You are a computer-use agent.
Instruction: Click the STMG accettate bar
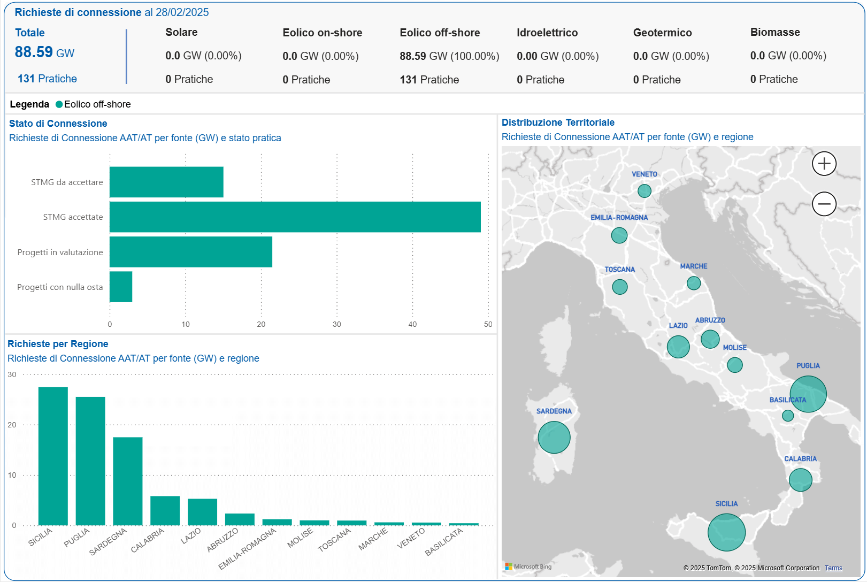tap(295, 217)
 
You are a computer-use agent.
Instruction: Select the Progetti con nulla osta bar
tap(121, 287)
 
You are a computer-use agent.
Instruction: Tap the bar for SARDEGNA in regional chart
tap(128, 481)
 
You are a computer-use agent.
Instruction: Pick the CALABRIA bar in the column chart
tap(165, 510)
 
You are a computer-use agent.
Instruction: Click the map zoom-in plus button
tap(824, 164)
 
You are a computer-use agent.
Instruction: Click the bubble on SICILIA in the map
tap(726, 532)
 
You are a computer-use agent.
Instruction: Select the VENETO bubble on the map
tap(644, 191)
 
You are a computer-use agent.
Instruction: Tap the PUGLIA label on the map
tap(808, 366)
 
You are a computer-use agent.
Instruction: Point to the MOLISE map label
tap(734, 348)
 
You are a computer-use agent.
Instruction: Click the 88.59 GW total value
tap(44, 52)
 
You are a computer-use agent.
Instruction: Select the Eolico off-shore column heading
tap(440, 33)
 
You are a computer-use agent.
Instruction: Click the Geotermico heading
tap(662, 33)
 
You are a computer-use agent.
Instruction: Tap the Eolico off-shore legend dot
tap(59, 104)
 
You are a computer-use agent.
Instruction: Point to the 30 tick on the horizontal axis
tap(336, 324)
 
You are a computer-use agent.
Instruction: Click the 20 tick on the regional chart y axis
tap(12, 425)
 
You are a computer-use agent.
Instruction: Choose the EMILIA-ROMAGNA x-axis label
tap(248, 548)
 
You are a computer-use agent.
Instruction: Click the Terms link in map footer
tap(833, 568)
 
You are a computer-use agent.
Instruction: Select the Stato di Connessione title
tap(58, 124)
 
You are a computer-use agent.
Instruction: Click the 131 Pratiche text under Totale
tap(47, 79)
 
